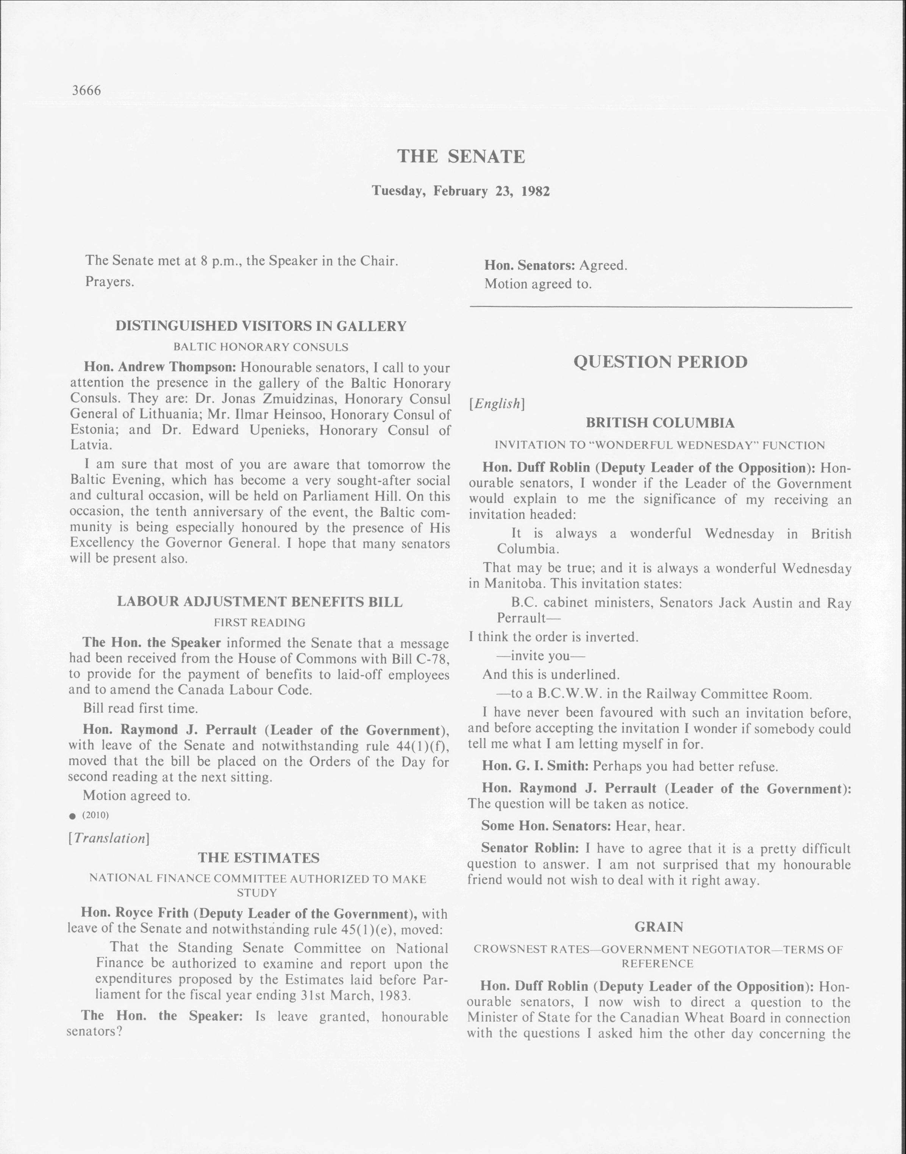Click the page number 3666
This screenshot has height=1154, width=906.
point(86,90)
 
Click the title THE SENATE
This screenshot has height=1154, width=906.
point(461,156)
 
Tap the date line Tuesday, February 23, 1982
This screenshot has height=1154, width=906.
point(461,191)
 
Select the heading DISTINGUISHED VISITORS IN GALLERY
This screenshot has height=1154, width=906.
point(261,326)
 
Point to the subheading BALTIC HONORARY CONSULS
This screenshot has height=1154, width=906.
point(261,347)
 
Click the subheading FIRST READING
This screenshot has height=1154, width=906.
point(259,622)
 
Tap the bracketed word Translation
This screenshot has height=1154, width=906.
point(109,838)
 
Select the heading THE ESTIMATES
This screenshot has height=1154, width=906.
point(259,858)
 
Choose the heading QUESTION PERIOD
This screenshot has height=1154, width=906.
point(661,362)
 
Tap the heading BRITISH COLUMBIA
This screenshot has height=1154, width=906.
point(660,423)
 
